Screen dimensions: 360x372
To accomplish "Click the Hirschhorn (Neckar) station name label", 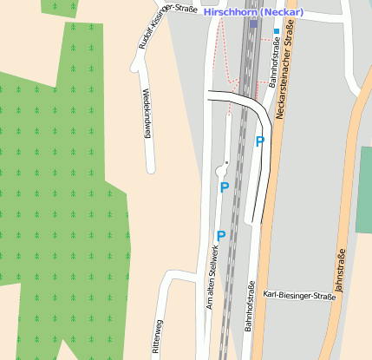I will pyautogui.click(x=253, y=12).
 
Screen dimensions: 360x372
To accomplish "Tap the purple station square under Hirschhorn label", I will pyautogui.click(x=253, y=23).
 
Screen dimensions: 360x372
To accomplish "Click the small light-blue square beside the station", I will pyautogui.click(x=277, y=32).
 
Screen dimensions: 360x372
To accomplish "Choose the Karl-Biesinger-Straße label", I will pyautogui.click(x=298, y=296).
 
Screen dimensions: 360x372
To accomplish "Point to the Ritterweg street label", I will pyautogui.click(x=158, y=338).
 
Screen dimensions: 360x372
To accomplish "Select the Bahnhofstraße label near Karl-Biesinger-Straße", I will pyautogui.click(x=248, y=307).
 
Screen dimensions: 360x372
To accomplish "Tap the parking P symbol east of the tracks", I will pyautogui.click(x=259, y=141).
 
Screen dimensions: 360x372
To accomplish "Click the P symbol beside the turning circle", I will pyautogui.click(x=225, y=187).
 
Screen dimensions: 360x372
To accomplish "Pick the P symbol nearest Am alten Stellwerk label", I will pyautogui.click(x=221, y=235).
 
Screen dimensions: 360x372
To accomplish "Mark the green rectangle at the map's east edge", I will pyautogui.click(x=363, y=189).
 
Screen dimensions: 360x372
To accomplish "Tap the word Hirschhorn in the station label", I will pyautogui.click(x=229, y=12).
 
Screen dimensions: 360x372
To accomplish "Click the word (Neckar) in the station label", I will pyautogui.click(x=280, y=12).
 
